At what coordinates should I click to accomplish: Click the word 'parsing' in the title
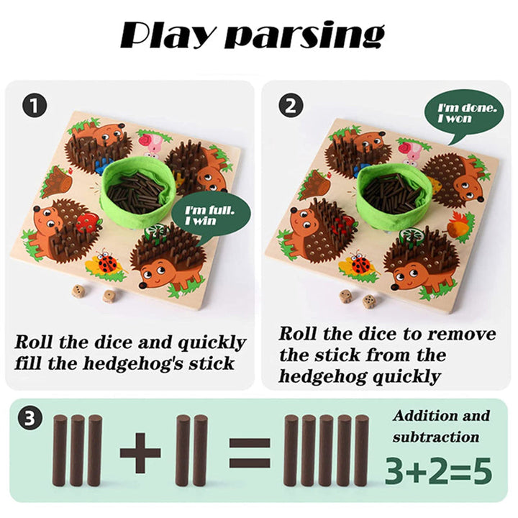(304, 36)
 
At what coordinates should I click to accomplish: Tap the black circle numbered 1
(35, 105)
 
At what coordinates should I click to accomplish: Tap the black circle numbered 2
(291, 105)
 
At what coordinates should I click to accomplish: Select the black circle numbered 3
(30, 418)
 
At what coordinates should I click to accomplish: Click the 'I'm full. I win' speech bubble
(210, 217)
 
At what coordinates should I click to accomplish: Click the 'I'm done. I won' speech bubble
(464, 114)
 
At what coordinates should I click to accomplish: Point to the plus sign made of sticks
(140, 453)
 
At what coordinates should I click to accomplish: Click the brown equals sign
(250, 453)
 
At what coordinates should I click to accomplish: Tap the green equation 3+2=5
(438, 471)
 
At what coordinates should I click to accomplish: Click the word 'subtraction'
(436, 437)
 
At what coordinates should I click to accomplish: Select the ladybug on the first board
(106, 263)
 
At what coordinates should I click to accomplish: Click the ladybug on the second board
(360, 263)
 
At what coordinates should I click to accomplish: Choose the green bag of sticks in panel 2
(394, 192)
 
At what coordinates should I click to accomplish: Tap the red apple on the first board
(88, 222)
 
